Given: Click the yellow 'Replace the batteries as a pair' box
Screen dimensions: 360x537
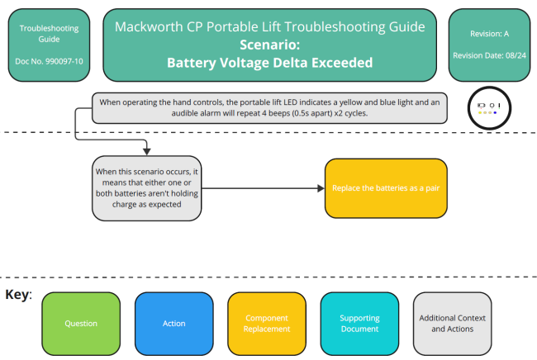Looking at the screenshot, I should pos(386,188).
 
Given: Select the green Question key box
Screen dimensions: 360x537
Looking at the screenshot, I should pos(81,323).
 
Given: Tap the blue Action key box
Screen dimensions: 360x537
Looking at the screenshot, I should pos(173,323).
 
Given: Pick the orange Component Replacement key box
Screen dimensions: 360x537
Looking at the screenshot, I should pos(267,323).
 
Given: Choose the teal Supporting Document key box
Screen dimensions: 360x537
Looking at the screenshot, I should pos(360,323).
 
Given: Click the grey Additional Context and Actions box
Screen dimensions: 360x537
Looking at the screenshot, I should pos(452,323).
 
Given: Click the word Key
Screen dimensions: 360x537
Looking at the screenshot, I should pos(17,295).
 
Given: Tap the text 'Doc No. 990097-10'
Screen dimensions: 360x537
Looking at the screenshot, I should pos(49,62).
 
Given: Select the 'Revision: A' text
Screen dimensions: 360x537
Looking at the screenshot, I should pos(488,34).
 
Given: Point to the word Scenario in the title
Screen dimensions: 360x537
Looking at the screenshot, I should pos(269,45).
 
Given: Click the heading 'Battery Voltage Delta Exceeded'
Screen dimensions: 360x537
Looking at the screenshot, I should pos(269,62).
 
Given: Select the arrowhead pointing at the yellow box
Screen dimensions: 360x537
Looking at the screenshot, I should pos(321,188).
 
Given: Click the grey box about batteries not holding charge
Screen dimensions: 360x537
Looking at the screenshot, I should pos(147,188).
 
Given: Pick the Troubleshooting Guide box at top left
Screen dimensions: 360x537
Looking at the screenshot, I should pos(49,45).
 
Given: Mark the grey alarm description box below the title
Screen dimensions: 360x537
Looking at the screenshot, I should pos(269,107).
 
